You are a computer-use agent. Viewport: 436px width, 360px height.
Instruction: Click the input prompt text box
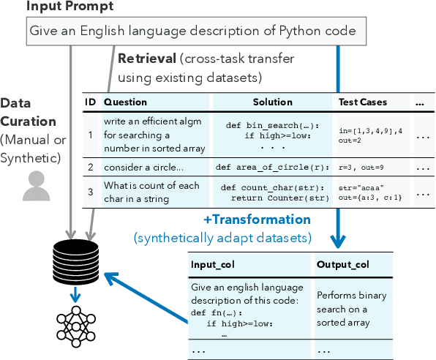point(192,31)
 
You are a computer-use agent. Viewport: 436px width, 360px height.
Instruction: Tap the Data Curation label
point(26,112)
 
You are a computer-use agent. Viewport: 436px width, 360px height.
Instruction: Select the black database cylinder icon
point(74,260)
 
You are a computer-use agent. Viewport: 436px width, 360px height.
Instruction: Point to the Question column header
point(125,102)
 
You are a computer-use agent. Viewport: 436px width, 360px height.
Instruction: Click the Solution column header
point(272,102)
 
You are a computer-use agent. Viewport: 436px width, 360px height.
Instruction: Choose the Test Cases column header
point(363,102)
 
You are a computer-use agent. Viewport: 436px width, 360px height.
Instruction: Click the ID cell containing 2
point(90,167)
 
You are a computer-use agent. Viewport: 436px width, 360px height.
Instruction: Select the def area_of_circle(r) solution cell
point(272,167)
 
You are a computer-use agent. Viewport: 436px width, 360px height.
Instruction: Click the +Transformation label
point(258,220)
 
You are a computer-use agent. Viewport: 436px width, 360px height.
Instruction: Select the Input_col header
point(217,263)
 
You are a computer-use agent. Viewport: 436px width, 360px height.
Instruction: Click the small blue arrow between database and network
point(74,294)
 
